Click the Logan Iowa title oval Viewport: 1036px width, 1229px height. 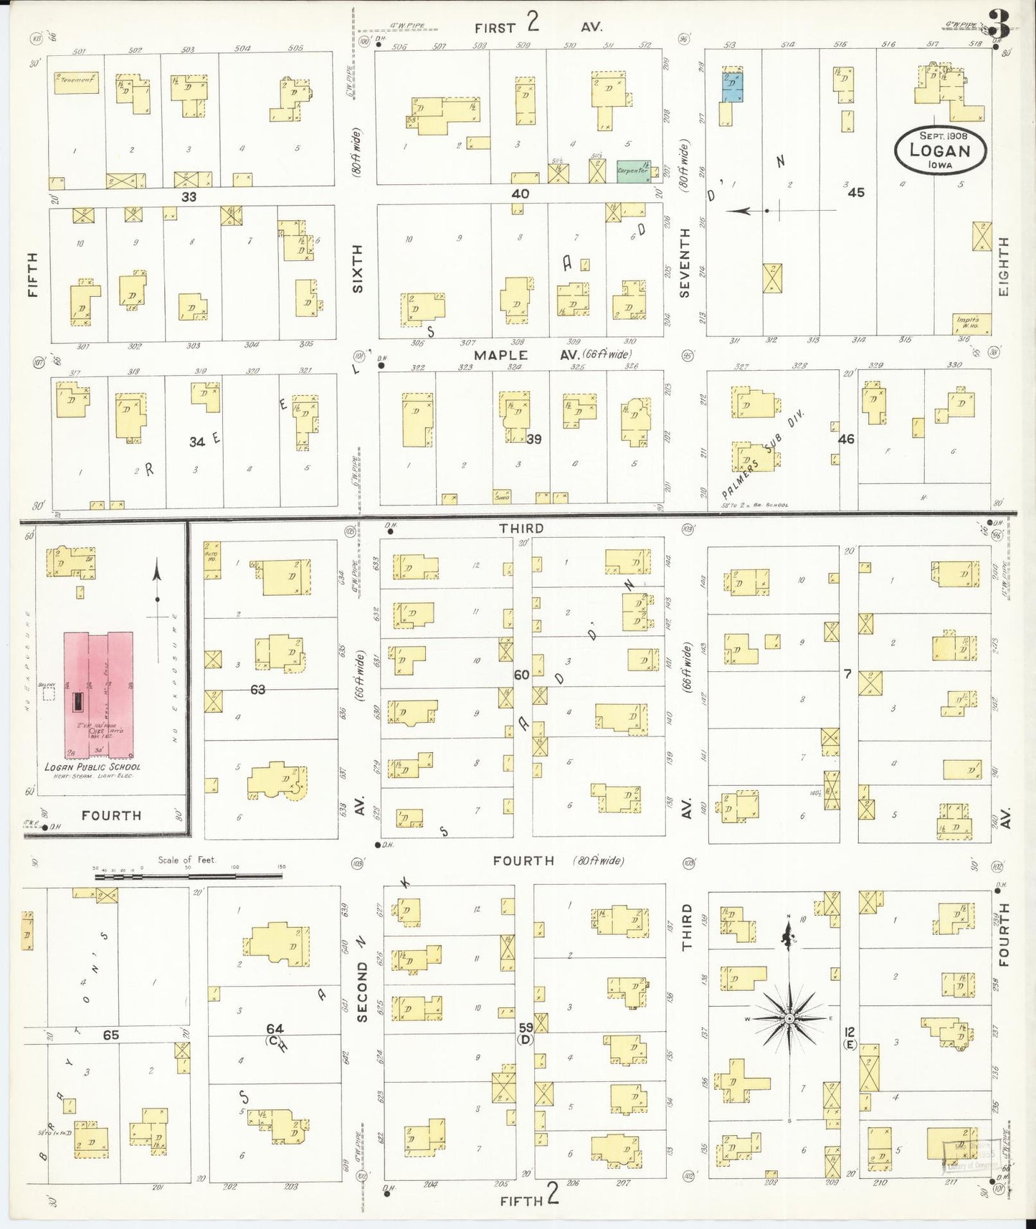tap(940, 150)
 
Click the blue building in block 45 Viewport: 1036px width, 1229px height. tap(731, 87)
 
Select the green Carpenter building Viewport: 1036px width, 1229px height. tap(633, 171)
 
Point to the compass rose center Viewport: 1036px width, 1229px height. tap(789, 1018)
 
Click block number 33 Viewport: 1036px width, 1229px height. tap(189, 196)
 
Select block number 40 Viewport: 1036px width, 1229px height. tap(521, 194)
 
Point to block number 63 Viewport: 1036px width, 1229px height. tap(257, 689)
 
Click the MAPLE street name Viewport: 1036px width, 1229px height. tap(500, 355)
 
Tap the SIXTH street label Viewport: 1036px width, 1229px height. tap(357, 268)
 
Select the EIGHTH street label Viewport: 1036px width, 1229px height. tap(1002, 267)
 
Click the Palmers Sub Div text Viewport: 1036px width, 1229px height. tap(764, 455)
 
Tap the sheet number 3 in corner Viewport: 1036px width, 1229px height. tap(999, 27)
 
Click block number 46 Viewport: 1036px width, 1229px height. tap(846, 438)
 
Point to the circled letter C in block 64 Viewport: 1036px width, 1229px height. tap(272, 1040)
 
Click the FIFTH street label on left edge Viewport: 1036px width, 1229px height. tap(32, 275)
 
